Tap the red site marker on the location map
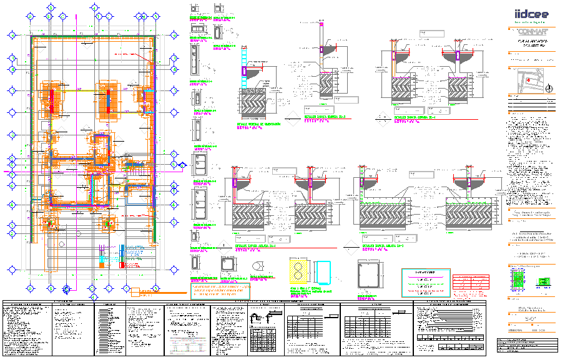526,80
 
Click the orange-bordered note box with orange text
220,291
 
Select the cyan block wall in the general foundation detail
244,71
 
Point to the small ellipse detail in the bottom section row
257,266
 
